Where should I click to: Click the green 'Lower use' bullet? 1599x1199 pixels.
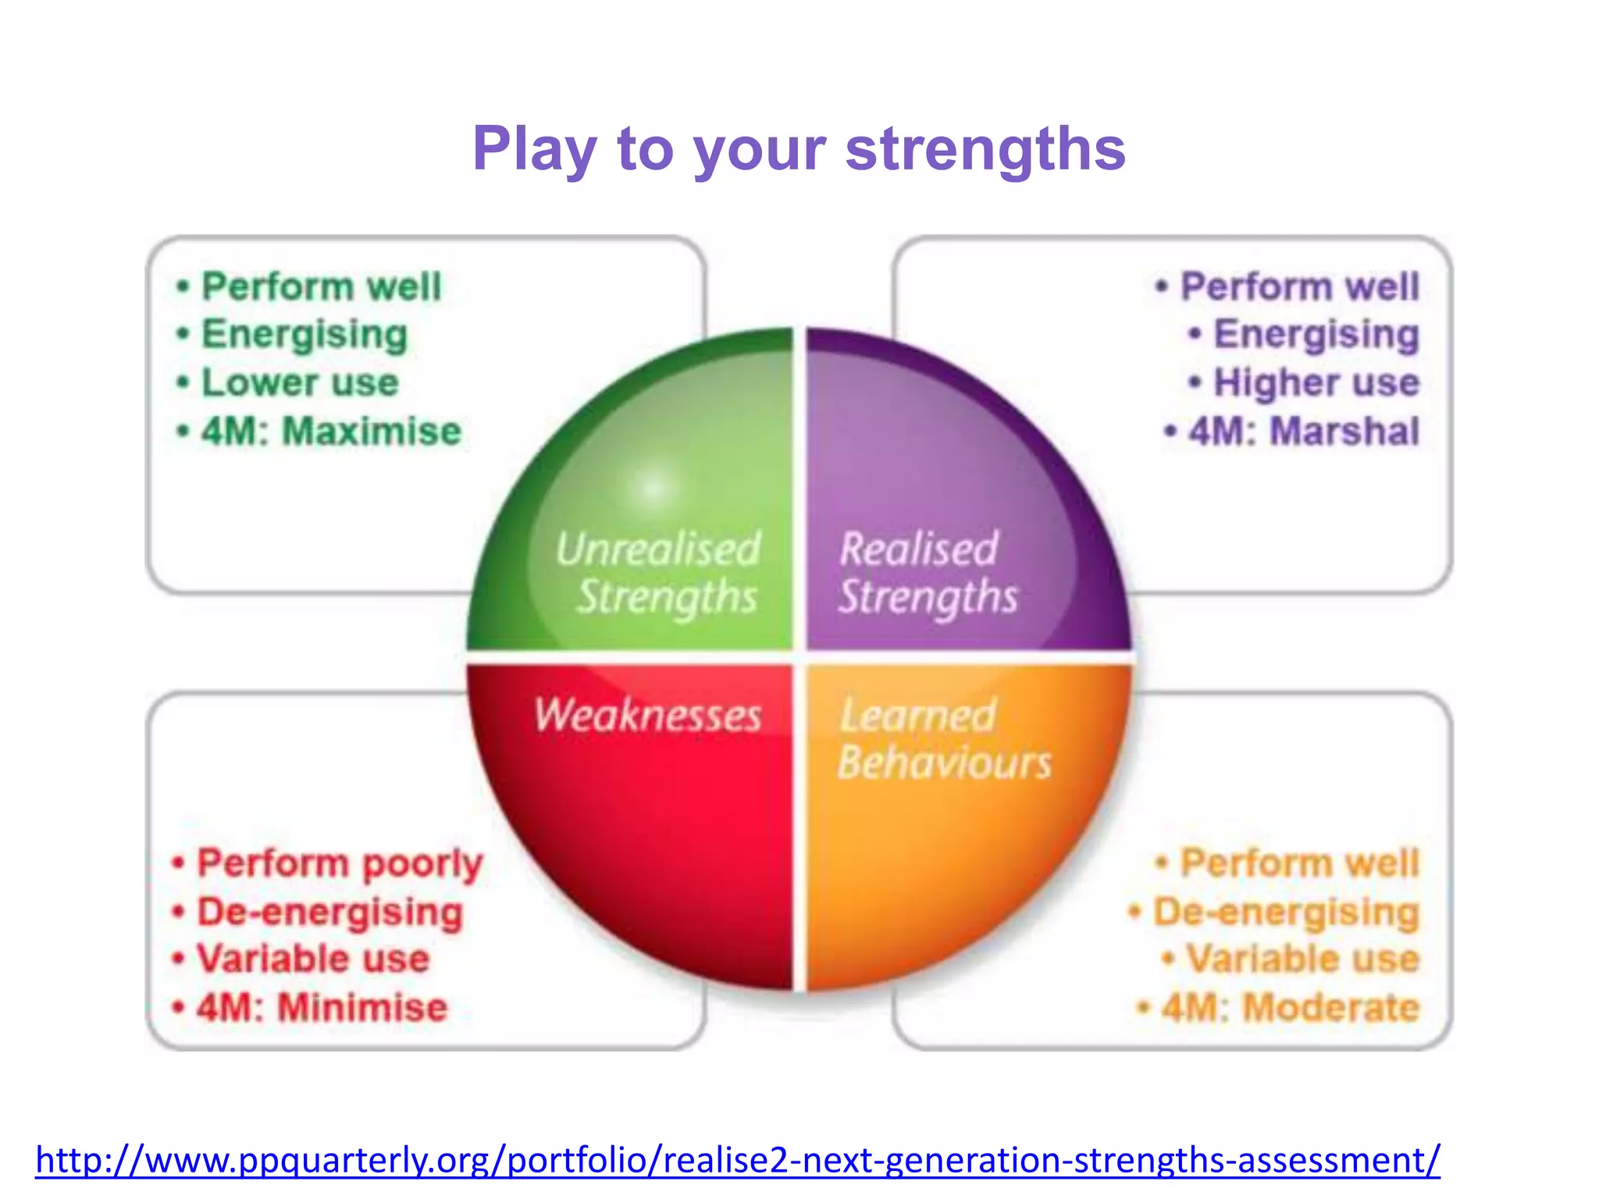pyautogui.click(x=300, y=382)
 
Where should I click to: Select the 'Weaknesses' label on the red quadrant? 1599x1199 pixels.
pyautogui.click(x=648, y=715)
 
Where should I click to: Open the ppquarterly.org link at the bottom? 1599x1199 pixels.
pyautogui.click(x=737, y=1160)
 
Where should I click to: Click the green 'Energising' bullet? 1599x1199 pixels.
pyautogui.click(x=304, y=334)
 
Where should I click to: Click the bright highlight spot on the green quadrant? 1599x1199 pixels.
pyautogui.click(x=653, y=486)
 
